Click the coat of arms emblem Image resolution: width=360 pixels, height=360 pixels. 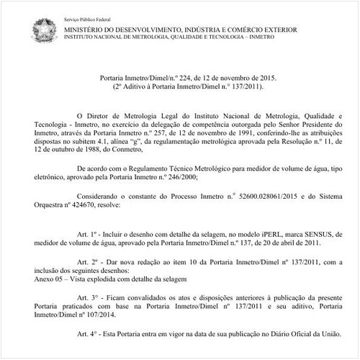(x=42, y=27)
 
